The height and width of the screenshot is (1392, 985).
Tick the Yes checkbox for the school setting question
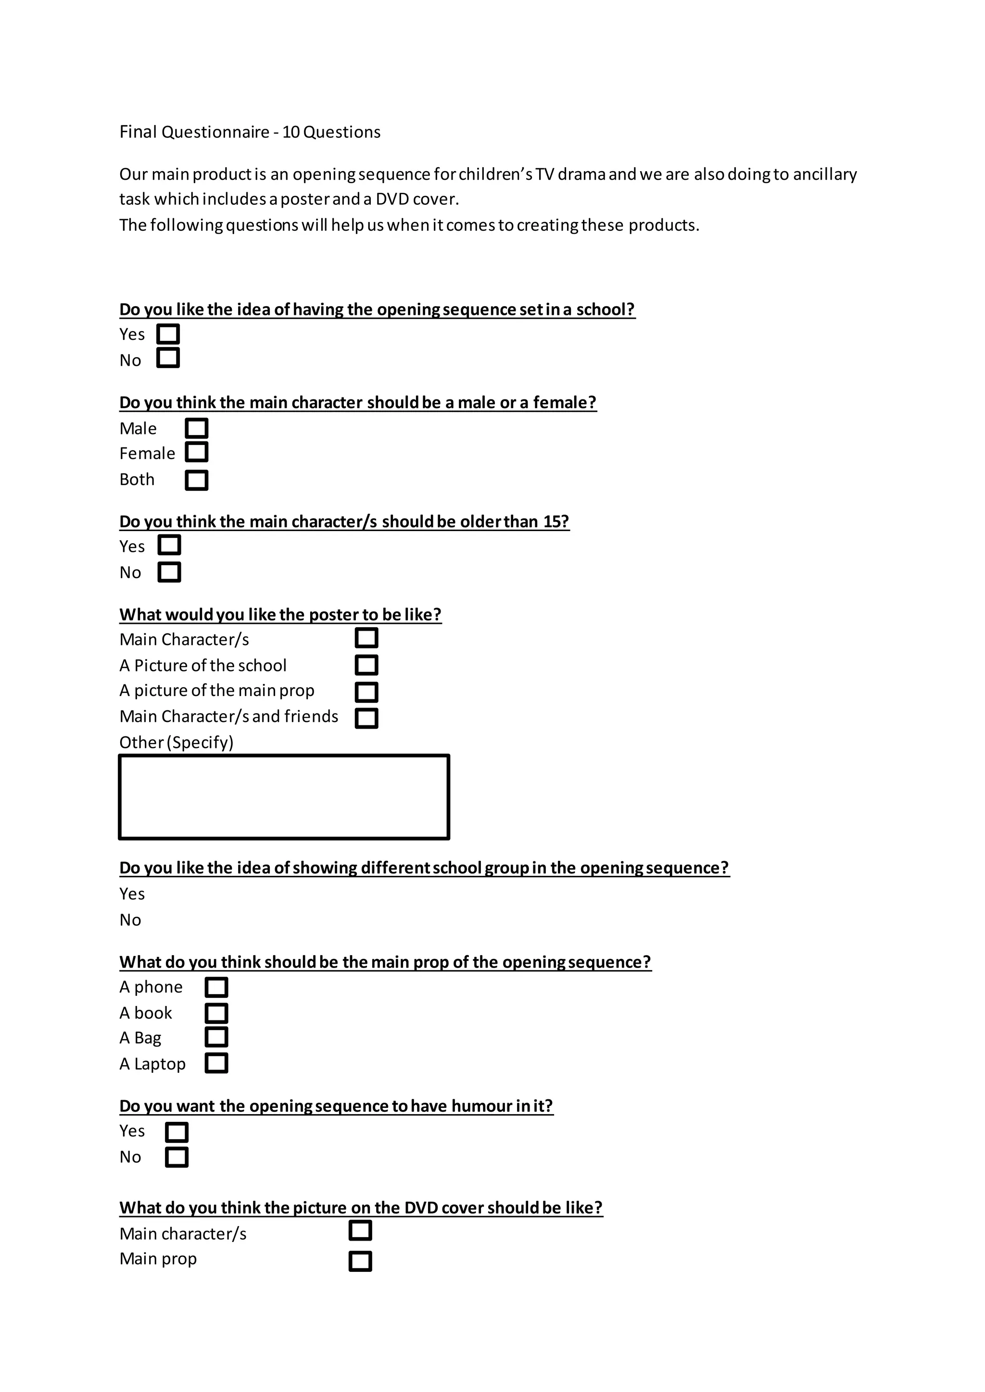coord(168,334)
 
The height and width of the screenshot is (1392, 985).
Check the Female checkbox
coord(197,452)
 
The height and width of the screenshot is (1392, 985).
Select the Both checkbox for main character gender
coord(197,480)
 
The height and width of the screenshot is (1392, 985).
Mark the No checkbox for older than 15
coord(169,572)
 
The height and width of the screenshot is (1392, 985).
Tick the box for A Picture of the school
coord(366,665)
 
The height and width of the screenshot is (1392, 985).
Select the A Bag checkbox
coord(216,1037)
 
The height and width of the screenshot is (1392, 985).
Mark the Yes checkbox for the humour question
coord(177,1132)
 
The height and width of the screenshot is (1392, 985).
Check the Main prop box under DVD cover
coord(360,1262)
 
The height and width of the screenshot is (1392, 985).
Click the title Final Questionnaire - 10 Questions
coord(250,132)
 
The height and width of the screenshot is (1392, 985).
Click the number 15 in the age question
coord(552,522)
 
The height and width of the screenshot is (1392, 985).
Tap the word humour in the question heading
coord(481,1106)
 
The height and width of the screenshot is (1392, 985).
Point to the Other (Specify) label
coord(177,743)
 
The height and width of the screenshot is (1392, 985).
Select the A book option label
coord(146,1013)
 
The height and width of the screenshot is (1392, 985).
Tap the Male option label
coord(139,429)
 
